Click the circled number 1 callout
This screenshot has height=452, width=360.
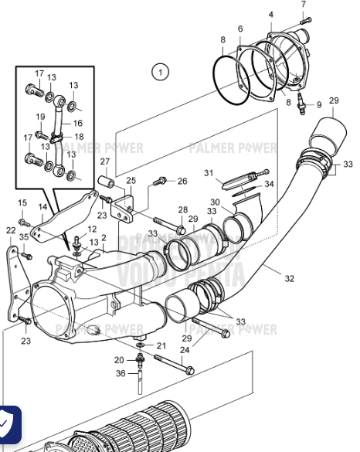coord(160,73)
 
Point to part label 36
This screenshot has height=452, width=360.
coord(121,374)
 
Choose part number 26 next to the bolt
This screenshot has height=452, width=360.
coord(182,182)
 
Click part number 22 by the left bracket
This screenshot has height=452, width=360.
coord(10,230)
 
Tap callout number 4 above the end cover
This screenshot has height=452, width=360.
coord(270,15)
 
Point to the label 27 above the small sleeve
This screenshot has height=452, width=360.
coord(104,161)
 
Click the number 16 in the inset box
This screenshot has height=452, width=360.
coord(77,123)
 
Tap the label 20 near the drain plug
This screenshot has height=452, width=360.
coord(120,359)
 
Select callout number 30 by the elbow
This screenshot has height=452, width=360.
coord(216,203)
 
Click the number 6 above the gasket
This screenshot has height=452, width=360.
coord(240,29)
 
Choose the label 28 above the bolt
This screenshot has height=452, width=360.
coord(182,210)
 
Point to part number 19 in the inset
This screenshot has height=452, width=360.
coord(41,117)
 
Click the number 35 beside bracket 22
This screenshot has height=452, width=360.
coord(24,237)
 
